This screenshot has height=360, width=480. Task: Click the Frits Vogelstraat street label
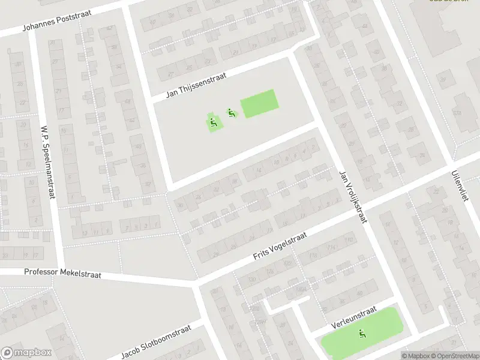[x=280, y=246]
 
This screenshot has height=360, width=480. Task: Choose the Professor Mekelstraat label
[x=62, y=273]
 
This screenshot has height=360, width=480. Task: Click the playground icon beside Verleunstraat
[x=362, y=334]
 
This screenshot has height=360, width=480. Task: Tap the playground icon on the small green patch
[x=214, y=123]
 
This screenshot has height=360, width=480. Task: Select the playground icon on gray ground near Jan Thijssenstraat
[x=230, y=112]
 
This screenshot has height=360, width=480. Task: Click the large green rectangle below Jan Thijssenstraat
[x=259, y=103]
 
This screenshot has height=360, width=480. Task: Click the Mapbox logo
[x=26, y=353]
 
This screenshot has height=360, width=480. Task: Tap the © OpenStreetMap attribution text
[x=456, y=356]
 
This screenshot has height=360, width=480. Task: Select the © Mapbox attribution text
[x=416, y=356]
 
